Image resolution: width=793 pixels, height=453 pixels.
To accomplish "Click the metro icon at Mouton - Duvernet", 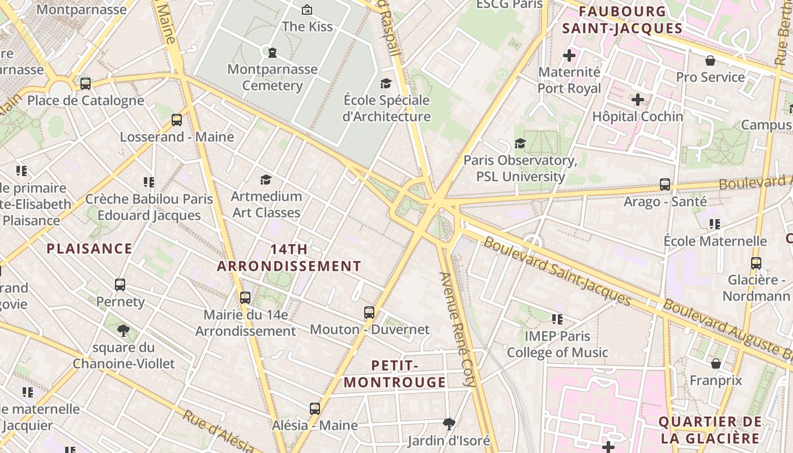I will coord(369,312).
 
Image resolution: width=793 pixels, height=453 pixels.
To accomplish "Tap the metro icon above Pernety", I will coord(120,284).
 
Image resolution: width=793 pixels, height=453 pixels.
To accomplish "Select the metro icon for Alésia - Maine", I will coord(315,408).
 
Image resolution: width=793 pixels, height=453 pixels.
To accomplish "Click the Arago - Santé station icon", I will coord(665,185).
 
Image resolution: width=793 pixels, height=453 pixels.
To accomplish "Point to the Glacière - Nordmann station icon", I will coord(756,263).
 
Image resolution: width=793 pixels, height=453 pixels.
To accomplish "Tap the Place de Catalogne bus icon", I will coord(86,84).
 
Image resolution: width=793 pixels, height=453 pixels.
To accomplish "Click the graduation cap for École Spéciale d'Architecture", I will coord(386,83).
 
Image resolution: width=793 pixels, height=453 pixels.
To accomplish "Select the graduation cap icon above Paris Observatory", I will coord(520,143).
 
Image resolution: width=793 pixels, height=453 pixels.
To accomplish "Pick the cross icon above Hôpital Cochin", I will coord(638,100).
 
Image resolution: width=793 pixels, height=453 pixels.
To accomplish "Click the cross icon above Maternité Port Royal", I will coord(569,55).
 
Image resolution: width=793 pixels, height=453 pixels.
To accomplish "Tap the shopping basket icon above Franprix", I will coord(716,363).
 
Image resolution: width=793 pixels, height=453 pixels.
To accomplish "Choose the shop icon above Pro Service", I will coord(710,61).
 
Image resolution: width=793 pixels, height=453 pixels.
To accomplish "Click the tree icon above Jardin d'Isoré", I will coord(449,424).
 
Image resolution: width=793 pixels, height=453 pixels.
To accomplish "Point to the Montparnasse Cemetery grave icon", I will coord(272,53).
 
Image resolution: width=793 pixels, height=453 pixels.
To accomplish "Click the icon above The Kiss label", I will coord(307,10).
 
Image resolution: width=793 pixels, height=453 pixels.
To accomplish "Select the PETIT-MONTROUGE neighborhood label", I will coord(395,374).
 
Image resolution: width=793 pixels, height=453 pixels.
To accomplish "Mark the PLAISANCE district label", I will coord(89,249).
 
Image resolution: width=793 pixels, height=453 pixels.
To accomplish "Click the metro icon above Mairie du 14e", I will coord(245,297).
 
